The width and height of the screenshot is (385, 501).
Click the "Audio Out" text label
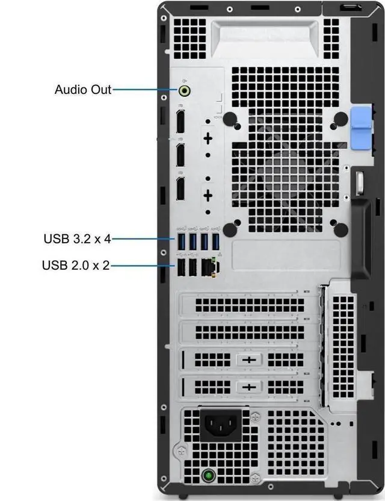tap(83, 90)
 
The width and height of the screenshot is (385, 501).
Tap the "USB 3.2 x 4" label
tap(77, 238)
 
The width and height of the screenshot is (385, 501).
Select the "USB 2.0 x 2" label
tap(76, 264)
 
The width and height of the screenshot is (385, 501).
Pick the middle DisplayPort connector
tap(179, 154)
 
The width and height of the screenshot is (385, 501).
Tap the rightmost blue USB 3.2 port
tap(216, 241)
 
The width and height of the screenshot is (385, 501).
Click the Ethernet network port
tap(208, 267)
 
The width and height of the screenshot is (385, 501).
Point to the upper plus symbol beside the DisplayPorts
tap(208, 138)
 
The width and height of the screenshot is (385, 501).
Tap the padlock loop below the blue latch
tap(360, 181)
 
